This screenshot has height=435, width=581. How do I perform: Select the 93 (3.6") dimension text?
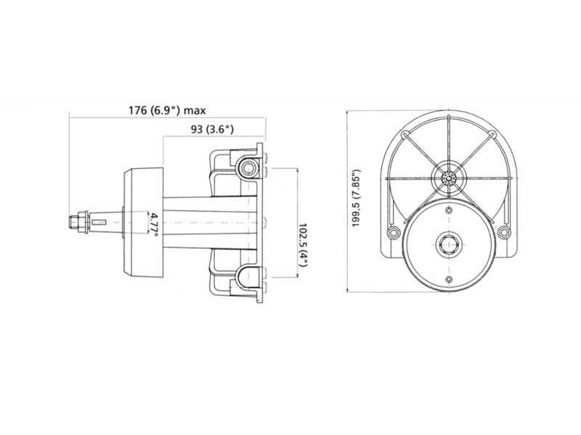click(207, 130)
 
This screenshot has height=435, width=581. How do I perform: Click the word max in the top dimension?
click(195, 110)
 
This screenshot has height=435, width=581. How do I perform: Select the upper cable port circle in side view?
click(250, 168)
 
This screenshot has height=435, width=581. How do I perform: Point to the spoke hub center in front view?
click(449, 176)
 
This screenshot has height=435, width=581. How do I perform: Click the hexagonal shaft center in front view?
click(449, 244)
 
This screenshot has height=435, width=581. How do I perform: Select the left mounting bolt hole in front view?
click(393, 233)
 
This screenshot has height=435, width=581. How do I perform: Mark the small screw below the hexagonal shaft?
click(449, 279)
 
